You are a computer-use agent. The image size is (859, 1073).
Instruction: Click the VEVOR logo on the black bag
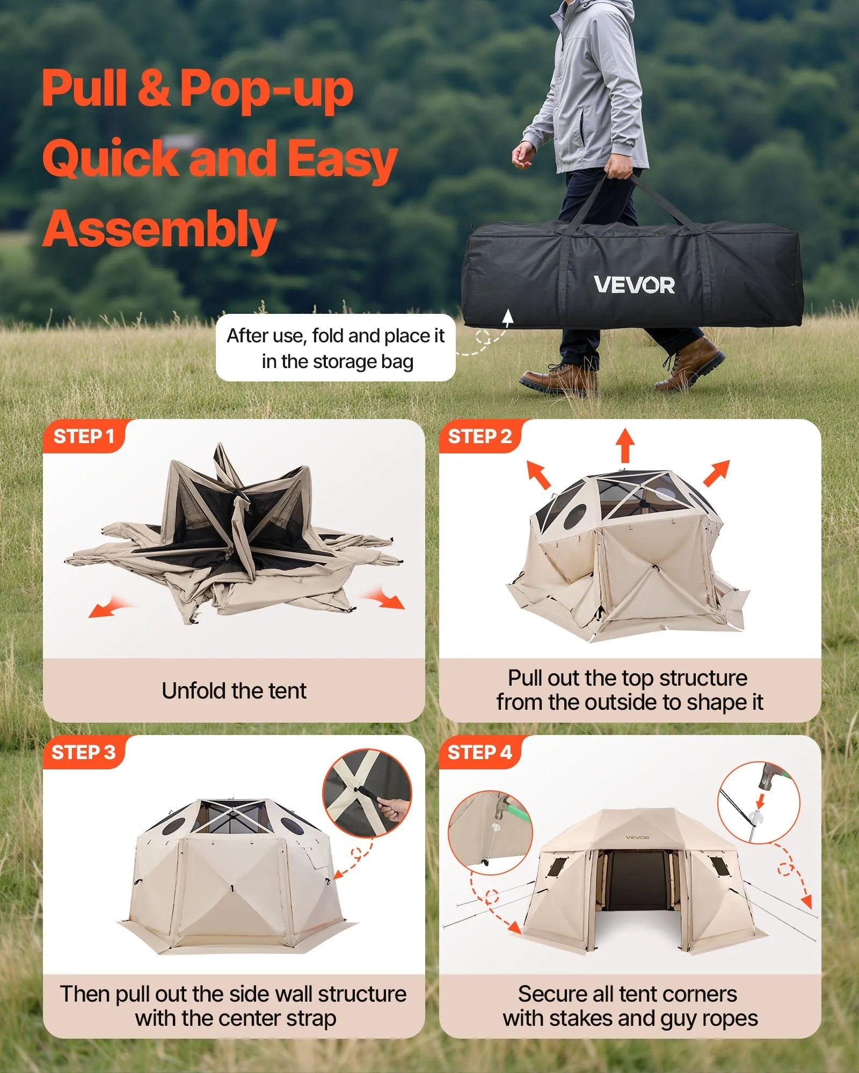click(x=634, y=285)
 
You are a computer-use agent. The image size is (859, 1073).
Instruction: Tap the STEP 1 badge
click(x=84, y=436)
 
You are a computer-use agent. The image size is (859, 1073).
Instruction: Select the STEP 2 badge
click(x=479, y=436)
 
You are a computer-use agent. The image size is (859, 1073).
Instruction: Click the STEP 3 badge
click(x=83, y=752)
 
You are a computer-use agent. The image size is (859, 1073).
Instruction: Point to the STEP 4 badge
click(x=479, y=752)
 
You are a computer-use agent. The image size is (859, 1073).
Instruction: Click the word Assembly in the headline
click(x=159, y=230)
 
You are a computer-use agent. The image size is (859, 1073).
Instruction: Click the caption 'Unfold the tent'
click(x=234, y=691)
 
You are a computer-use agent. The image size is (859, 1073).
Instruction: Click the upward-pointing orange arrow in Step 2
click(x=625, y=444)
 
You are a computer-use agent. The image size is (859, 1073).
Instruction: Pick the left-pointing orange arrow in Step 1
click(x=107, y=608)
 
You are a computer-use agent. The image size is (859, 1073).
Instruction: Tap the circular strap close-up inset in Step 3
click(x=367, y=793)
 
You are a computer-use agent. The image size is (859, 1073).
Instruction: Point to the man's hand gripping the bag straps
click(x=619, y=168)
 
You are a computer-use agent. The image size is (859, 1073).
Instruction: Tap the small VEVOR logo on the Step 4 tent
click(x=637, y=837)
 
